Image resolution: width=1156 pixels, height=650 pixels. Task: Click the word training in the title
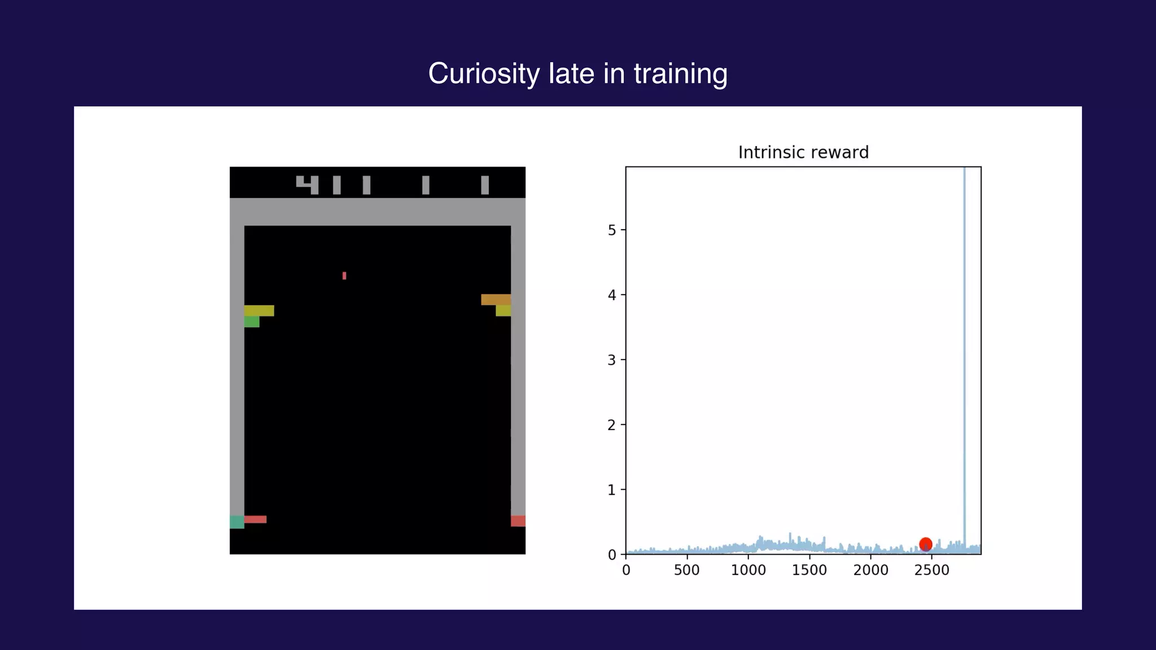click(x=680, y=74)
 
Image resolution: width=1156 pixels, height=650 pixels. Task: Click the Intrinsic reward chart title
click(x=803, y=152)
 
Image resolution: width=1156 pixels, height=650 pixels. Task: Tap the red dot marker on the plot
click(x=925, y=544)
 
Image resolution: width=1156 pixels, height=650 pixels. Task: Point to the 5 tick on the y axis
click(x=612, y=230)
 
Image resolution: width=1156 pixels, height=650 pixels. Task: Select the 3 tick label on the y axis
click(x=612, y=360)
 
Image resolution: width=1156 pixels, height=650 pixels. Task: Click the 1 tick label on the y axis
click(x=612, y=490)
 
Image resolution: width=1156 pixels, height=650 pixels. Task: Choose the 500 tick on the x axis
click(x=686, y=570)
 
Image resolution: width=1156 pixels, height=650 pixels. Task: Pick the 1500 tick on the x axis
click(x=809, y=570)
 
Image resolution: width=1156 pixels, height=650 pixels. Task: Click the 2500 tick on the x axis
click(x=931, y=570)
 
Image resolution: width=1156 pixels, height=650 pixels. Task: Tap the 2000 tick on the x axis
click(x=870, y=570)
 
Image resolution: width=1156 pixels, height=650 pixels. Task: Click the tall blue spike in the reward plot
click(x=964, y=339)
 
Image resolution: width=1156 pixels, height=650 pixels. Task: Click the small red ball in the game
click(x=344, y=275)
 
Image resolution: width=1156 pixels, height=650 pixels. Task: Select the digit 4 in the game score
click(x=308, y=185)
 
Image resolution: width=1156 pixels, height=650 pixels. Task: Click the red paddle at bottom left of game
click(x=255, y=519)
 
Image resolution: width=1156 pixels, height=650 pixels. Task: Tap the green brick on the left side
click(x=252, y=322)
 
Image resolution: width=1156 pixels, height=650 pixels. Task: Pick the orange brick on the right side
click(x=496, y=300)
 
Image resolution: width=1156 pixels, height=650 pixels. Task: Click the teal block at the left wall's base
click(x=237, y=522)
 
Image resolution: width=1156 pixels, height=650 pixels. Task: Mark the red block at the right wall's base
click(x=518, y=521)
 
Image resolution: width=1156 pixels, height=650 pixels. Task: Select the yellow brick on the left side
click(x=259, y=310)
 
